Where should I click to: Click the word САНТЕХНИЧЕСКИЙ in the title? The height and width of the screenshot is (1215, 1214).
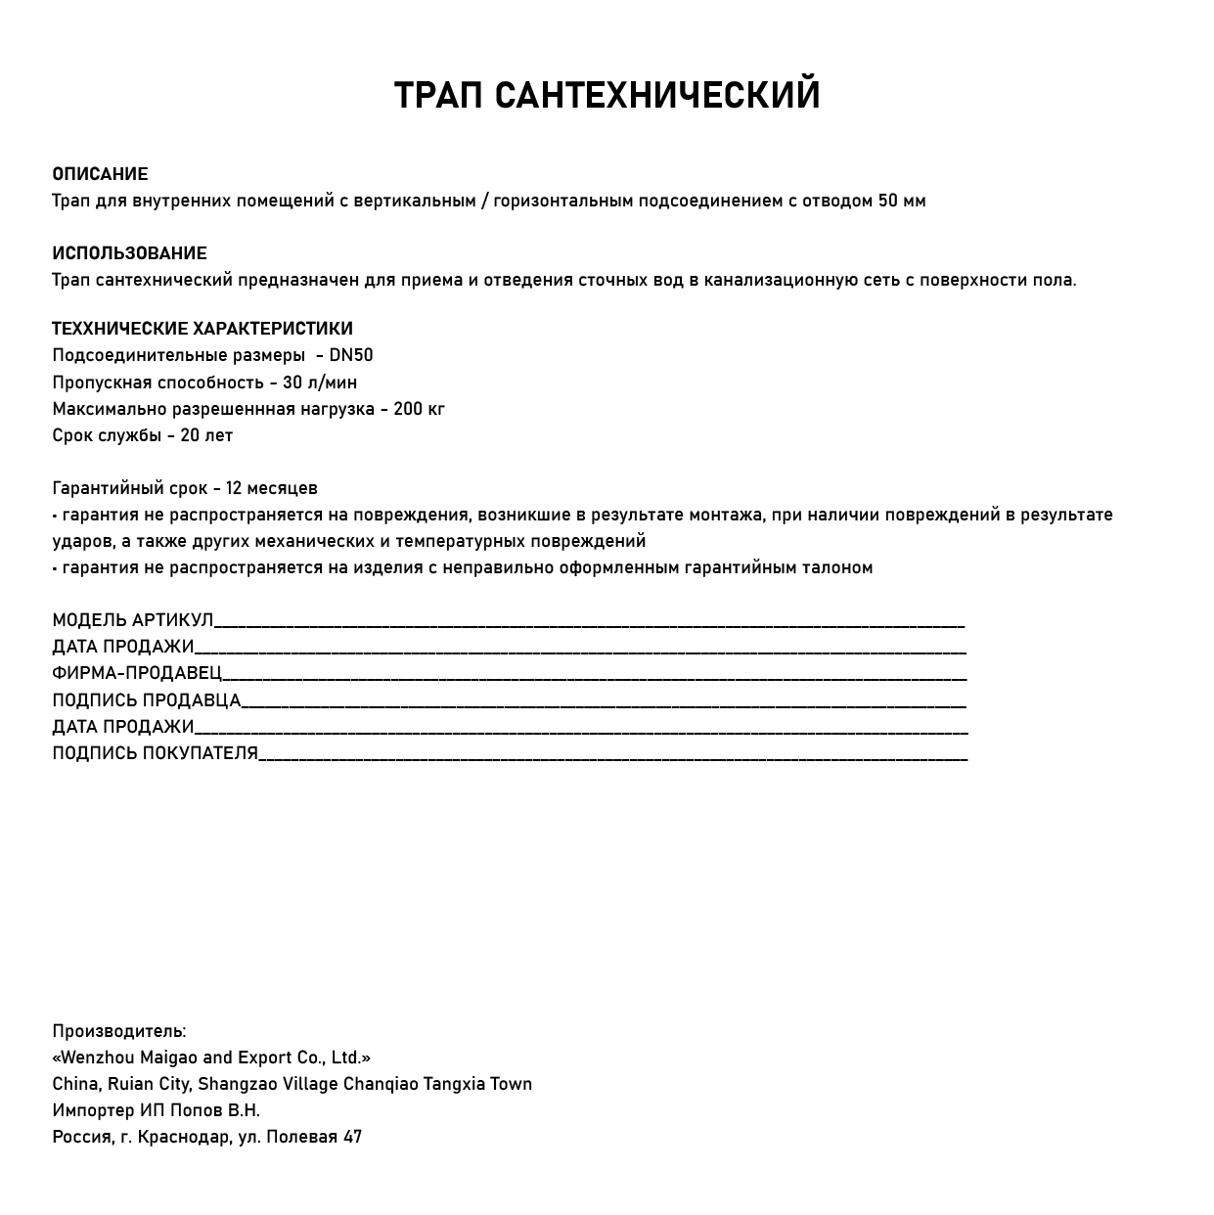656,96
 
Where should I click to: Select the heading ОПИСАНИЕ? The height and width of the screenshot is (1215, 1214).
100,174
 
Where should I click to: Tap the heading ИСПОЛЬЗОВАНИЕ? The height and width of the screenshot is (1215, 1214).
129,253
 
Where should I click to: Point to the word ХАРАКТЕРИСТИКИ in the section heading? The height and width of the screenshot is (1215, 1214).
273,329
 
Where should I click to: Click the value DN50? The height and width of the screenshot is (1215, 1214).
350,355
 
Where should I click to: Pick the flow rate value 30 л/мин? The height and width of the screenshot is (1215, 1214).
320,382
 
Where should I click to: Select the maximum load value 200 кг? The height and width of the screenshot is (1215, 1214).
419,409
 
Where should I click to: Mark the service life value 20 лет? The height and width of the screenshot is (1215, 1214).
206,435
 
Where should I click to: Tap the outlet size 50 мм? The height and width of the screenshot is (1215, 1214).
901,201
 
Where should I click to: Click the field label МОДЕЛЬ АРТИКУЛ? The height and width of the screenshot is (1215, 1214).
132,620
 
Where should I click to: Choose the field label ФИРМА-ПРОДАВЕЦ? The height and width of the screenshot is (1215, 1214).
137,673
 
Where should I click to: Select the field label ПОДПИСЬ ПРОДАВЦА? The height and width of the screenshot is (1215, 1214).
146,700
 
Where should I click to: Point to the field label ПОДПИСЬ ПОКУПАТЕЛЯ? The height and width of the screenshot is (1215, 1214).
155,753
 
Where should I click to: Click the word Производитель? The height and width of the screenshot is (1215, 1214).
118,1031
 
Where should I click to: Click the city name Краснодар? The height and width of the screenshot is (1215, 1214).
184,1137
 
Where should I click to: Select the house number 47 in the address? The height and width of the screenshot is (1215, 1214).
352,1137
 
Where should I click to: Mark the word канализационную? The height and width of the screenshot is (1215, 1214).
780,280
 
